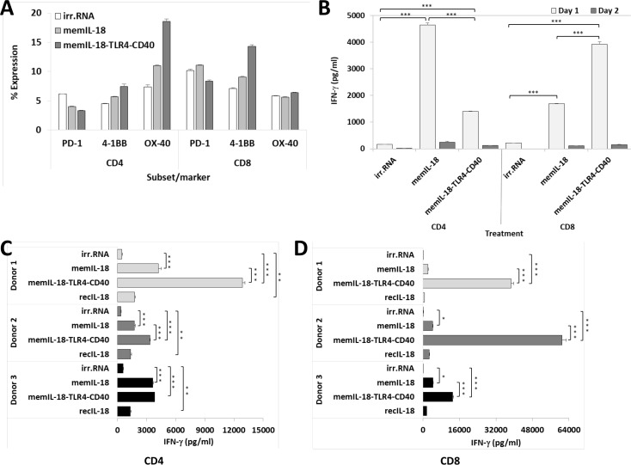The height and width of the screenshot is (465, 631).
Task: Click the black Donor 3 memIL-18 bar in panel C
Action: click(135, 382)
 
